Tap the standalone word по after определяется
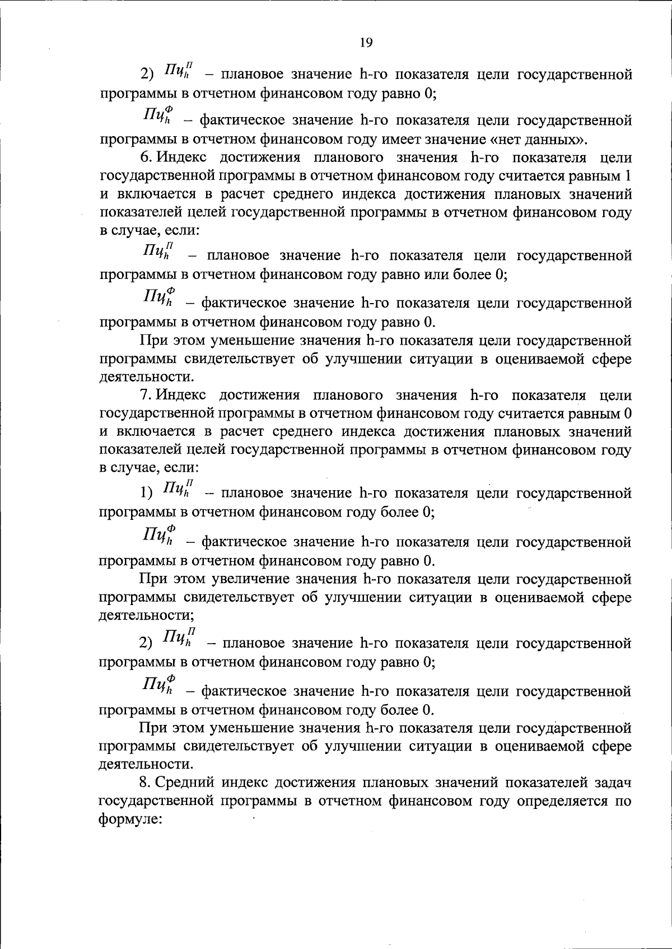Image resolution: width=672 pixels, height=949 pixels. click(624, 801)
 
